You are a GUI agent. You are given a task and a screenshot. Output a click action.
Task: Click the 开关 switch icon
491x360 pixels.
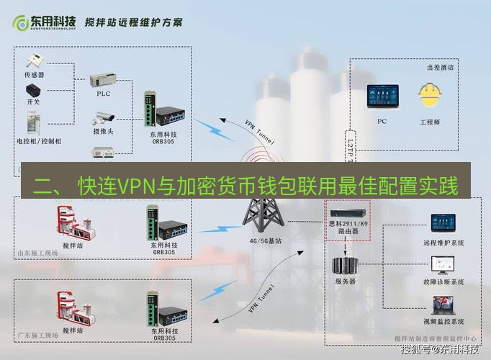(x=34, y=92)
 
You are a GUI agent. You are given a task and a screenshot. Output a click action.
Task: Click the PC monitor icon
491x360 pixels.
(x=382, y=97)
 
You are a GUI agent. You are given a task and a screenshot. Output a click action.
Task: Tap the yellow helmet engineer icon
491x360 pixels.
(x=430, y=96)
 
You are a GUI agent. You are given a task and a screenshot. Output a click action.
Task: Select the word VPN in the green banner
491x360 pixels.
(x=132, y=187)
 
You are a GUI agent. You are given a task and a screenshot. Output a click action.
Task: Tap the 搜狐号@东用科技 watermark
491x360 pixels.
(x=439, y=351)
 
